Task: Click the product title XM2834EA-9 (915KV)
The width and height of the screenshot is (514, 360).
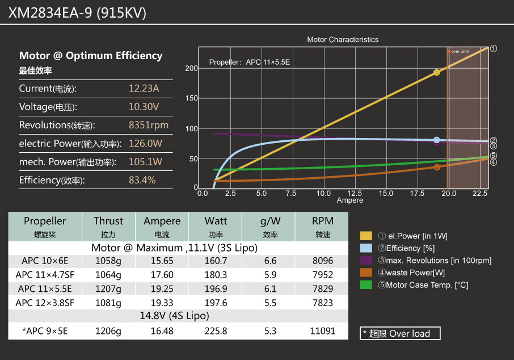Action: tap(77, 12)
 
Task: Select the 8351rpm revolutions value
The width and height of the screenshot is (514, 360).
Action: tap(149, 125)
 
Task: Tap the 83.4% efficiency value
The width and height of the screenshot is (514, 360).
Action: tap(142, 181)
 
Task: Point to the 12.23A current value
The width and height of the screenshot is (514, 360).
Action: tap(144, 89)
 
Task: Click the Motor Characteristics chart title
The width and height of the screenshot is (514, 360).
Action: tap(343, 40)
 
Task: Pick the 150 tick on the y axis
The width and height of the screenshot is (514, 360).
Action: tap(192, 99)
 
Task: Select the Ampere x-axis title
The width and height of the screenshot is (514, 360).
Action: tap(350, 200)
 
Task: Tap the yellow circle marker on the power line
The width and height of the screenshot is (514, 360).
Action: tap(436, 73)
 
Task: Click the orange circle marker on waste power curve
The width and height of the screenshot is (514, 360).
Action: tap(437, 167)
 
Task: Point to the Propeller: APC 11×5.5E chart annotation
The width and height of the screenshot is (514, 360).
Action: tap(250, 62)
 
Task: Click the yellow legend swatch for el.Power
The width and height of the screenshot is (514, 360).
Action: tap(366, 236)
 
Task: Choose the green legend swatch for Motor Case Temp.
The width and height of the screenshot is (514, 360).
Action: tap(366, 285)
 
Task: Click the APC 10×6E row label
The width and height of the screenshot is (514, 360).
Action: tap(45, 261)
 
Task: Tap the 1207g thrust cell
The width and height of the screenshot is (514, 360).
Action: tap(108, 288)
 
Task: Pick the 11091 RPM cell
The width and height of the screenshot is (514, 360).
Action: tap(323, 331)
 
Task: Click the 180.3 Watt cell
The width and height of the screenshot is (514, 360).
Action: tap(216, 275)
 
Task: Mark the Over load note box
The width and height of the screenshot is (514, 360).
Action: tap(400, 333)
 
